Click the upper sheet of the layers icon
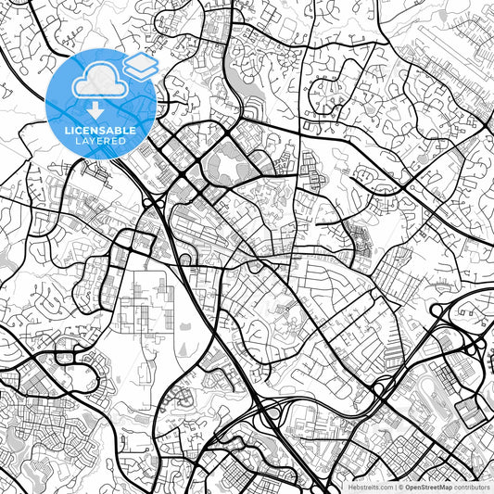142,61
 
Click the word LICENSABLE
101,131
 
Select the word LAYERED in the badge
101,141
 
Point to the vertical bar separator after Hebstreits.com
393,487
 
